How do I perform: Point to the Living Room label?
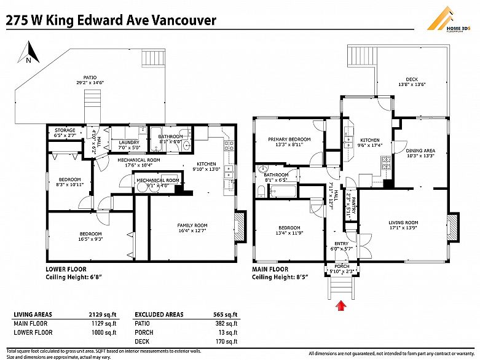[x=403, y=225]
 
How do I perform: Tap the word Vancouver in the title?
[x=184, y=20]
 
